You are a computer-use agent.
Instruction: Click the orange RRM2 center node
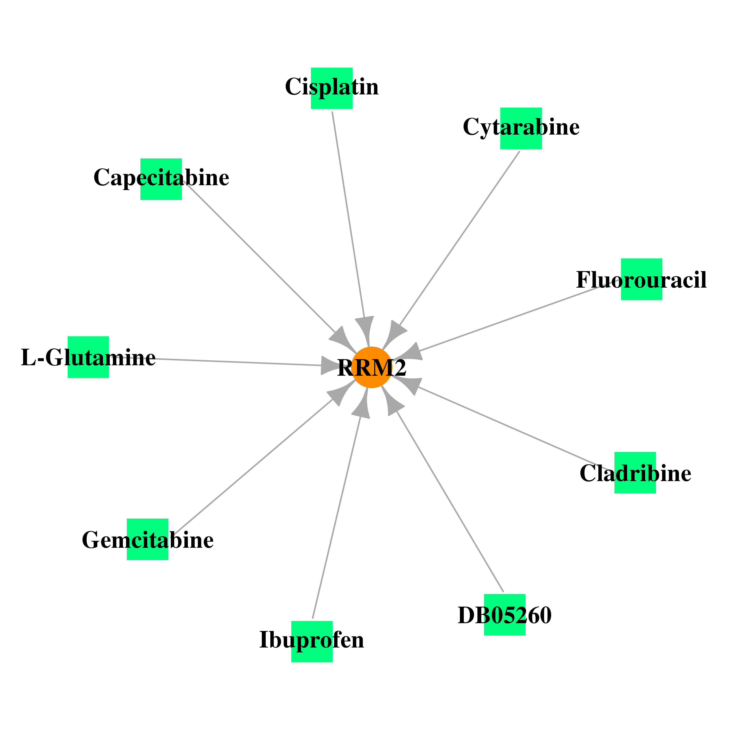pos(372,367)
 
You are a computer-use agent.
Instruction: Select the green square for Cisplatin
pos(332,88)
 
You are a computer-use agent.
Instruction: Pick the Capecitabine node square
pos(161,179)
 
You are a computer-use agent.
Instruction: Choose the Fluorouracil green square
pos(642,279)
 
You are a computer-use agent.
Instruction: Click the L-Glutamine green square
pos(88,357)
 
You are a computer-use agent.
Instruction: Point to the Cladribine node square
pos(635,473)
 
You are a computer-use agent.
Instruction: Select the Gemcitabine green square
pos(147,539)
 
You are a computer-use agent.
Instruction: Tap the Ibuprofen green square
pos(312,642)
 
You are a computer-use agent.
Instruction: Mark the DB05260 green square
pos(505,615)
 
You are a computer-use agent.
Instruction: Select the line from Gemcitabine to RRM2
pos(252,467)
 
